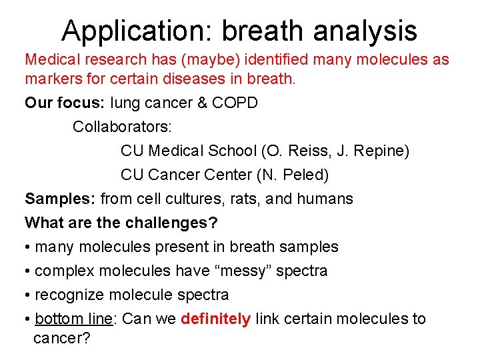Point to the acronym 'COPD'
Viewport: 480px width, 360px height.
pyautogui.click(x=235, y=103)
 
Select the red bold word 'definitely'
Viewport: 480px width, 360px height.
pyautogui.click(x=215, y=319)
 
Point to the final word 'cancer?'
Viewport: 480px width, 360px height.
pyautogui.click(x=61, y=338)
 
